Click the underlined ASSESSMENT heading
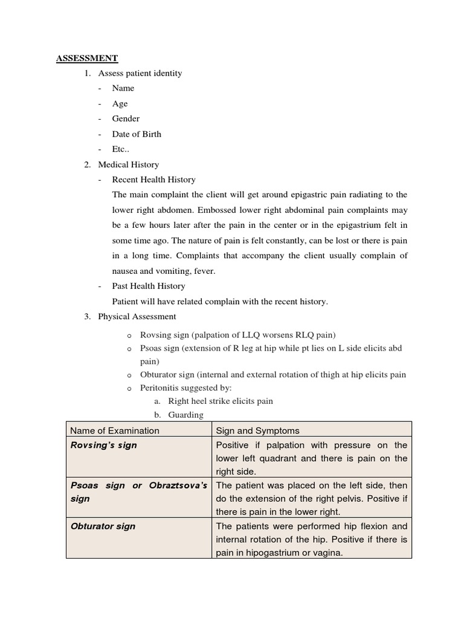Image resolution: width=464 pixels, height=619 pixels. pyautogui.click(x=87, y=59)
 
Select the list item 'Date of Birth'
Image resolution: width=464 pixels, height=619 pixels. pyautogui.click(x=137, y=134)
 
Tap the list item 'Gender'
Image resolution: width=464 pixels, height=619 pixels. pyautogui.click(x=126, y=118)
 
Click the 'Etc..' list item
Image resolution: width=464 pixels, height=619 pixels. pyautogui.click(x=121, y=149)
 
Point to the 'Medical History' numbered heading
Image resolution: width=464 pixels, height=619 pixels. pyautogui.click(x=128, y=164)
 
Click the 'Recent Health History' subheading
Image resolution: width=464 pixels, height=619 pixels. pyautogui.click(x=153, y=180)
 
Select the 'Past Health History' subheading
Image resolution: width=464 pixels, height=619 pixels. pyautogui.click(x=149, y=286)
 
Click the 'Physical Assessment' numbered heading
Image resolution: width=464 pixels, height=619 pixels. pyautogui.click(x=137, y=316)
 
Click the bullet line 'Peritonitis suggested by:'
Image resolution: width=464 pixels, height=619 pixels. pyautogui.click(x=186, y=387)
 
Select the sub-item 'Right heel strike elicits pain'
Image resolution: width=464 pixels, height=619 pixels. pyautogui.click(x=220, y=401)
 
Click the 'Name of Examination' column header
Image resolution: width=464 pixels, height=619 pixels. pyautogui.click(x=115, y=430)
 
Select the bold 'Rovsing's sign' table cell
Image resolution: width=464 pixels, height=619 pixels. pyautogui.click(x=103, y=445)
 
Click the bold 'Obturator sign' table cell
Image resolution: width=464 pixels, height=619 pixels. pyautogui.click(x=103, y=526)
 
